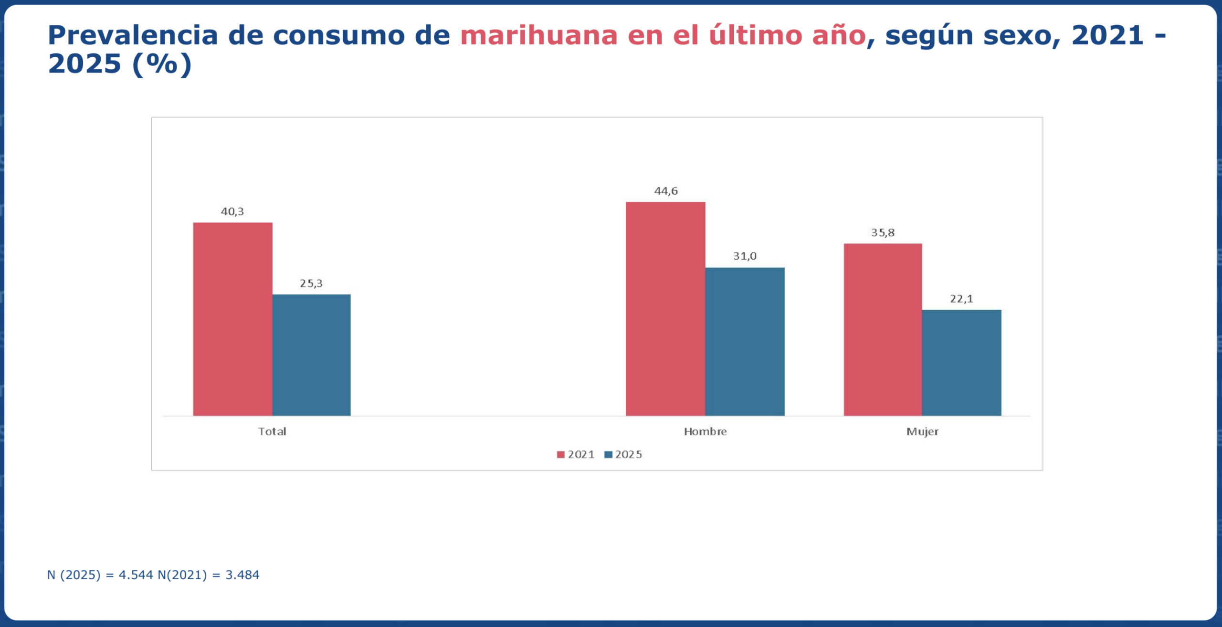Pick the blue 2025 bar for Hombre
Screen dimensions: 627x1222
[745, 341]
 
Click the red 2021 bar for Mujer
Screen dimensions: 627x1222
[883, 329]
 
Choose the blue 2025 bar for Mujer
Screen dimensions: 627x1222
[961, 363]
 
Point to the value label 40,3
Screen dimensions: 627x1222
[232, 211]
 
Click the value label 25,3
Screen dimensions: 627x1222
[311, 283]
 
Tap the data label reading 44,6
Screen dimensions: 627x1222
[666, 191]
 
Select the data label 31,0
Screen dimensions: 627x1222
[745, 256]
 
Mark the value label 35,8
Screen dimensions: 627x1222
[883, 233]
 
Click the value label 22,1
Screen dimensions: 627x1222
[961, 299]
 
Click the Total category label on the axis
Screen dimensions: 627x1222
[272, 431]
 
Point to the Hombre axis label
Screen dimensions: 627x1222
[705, 431]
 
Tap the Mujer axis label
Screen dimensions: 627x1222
[922, 431]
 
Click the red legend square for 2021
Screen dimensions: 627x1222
[561, 455]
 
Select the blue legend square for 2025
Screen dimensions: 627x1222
[608, 455]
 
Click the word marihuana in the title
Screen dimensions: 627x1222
[539, 35]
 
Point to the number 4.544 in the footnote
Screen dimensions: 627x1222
[136, 575]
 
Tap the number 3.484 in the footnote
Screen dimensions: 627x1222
[242, 575]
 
